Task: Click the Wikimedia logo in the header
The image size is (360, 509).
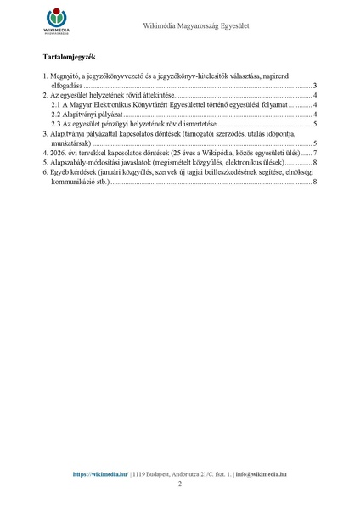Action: [57, 21]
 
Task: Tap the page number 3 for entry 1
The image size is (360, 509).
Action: [314, 86]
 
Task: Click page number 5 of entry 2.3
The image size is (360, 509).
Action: [314, 124]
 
